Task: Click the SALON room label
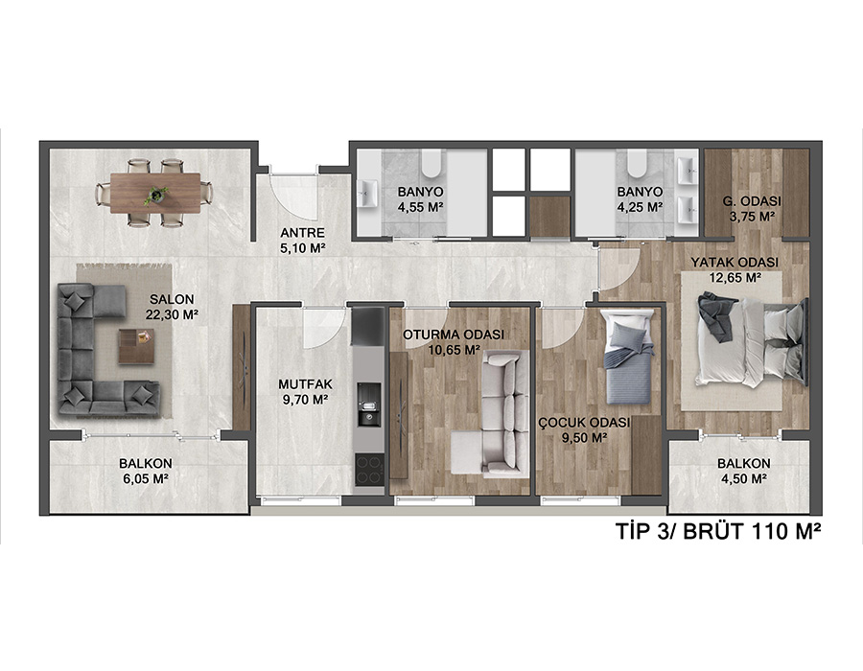point(172,300)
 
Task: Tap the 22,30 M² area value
point(172,314)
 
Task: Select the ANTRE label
point(302,233)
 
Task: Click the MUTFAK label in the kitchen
point(306,385)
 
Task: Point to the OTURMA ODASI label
point(454,335)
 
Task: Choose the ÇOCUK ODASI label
point(584,423)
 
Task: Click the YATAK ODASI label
point(735,263)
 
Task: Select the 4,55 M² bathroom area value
point(421,207)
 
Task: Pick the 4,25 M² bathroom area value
point(640,207)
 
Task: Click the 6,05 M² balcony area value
point(146,479)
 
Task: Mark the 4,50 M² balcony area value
point(744,479)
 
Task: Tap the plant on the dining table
point(157,195)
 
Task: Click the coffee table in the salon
point(136,346)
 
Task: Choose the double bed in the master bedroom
point(752,341)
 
